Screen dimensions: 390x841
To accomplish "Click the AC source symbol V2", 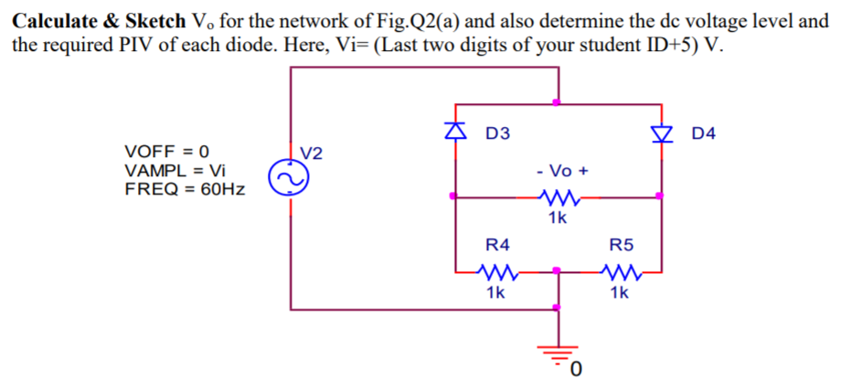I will [x=284, y=180].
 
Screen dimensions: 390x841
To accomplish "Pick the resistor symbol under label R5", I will [x=619, y=271].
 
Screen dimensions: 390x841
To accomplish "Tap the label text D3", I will [x=498, y=134].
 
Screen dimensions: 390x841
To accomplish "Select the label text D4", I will [x=704, y=134].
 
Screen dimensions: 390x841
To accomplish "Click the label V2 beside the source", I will [x=313, y=152].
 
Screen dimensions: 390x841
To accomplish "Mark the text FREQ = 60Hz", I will [x=184, y=190].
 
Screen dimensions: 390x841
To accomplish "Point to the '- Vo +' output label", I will [x=563, y=171].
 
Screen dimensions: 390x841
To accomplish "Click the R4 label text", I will [x=497, y=244].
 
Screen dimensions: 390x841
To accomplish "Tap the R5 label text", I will [x=621, y=244].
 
